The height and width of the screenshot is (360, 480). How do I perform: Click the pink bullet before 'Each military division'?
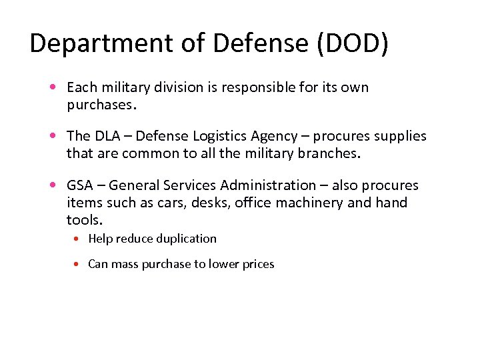pyautogui.click(x=52, y=87)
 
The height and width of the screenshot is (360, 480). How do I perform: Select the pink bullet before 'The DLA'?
pyautogui.click(x=52, y=136)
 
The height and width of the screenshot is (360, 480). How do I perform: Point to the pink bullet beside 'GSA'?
pyautogui.click(x=52, y=185)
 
